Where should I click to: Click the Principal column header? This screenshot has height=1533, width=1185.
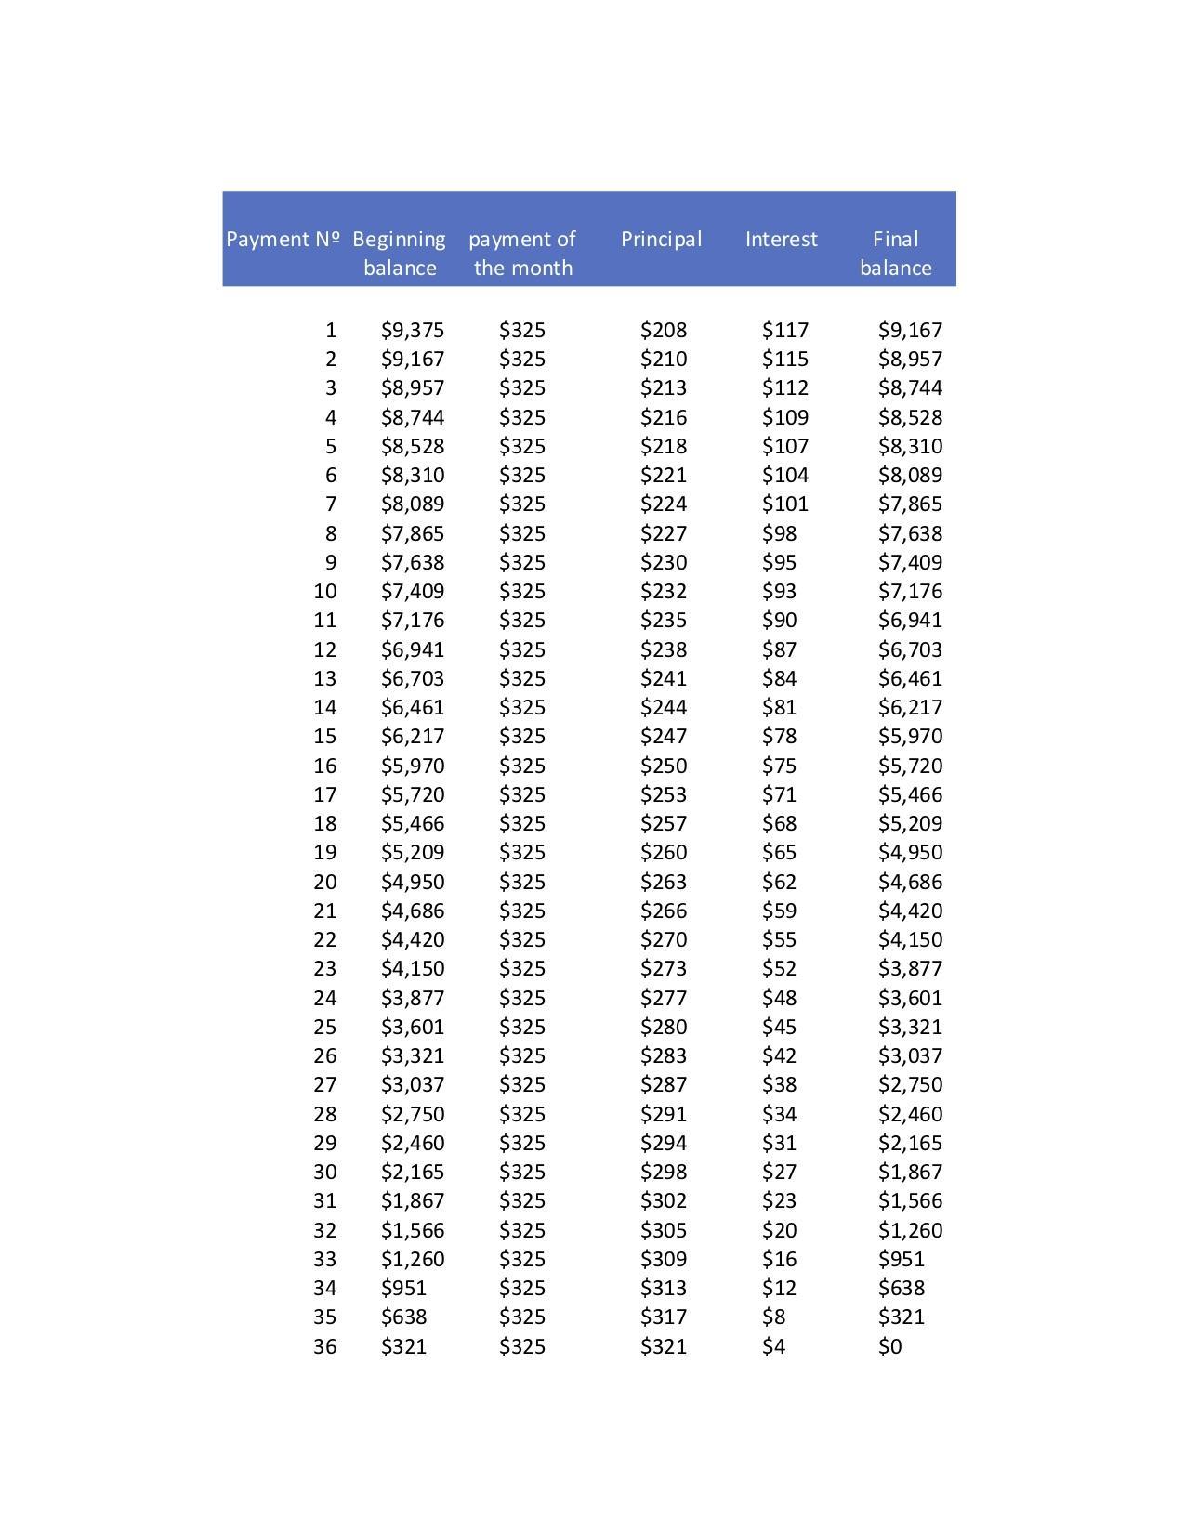pyautogui.click(x=661, y=240)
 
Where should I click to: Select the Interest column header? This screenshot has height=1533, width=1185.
pyautogui.click(x=781, y=240)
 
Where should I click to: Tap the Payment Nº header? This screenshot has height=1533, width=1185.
pyautogui.click(x=283, y=240)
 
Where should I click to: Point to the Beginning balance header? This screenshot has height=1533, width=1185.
pyautogui.click(x=400, y=254)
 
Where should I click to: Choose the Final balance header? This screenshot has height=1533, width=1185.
pyautogui.click(x=895, y=254)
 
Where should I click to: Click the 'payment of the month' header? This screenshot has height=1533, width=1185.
pyautogui.click(x=522, y=254)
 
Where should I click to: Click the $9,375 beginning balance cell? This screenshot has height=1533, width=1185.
pyautogui.click(x=413, y=330)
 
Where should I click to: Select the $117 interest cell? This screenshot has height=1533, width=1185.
pyautogui.click(x=785, y=330)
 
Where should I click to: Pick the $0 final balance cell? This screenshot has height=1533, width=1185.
pyautogui.click(x=889, y=1346)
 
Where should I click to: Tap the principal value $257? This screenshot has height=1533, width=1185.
pyautogui.click(x=664, y=823)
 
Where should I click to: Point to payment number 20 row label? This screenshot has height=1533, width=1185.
pyautogui.click(x=324, y=882)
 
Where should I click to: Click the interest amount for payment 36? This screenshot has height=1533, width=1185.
pyautogui.click(x=773, y=1346)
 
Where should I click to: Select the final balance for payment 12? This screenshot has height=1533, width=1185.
pyautogui.click(x=910, y=649)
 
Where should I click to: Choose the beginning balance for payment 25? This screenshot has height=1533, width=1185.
pyautogui.click(x=413, y=1027)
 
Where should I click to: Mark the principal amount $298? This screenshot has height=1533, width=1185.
pyautogui.click(x=664, y=1172)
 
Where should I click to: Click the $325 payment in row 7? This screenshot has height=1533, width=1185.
pyautogui.click(x=522, y=504)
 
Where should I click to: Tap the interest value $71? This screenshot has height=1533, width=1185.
pyautogui.click(x=779, y=794)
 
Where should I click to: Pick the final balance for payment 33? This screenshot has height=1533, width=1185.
pyautogui.click(x=902, y=1259)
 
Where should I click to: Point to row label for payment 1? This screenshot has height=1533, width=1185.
pyautogui.click(x=330, y=330)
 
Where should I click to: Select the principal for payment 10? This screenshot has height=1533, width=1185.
pyautogui.click(x=664, y=591)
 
